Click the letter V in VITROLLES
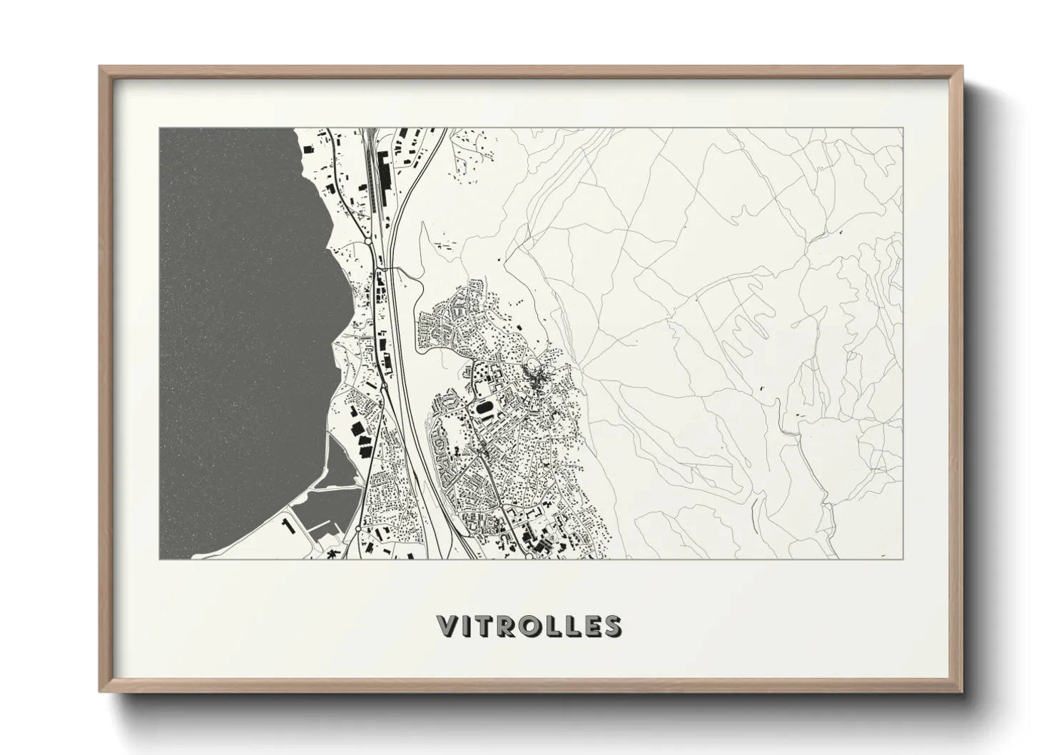click(x=447, y=626)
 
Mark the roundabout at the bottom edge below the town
click(x=528, y=557)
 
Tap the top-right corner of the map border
click(x=903, y=128)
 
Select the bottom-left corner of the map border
click(x=159, y=559)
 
